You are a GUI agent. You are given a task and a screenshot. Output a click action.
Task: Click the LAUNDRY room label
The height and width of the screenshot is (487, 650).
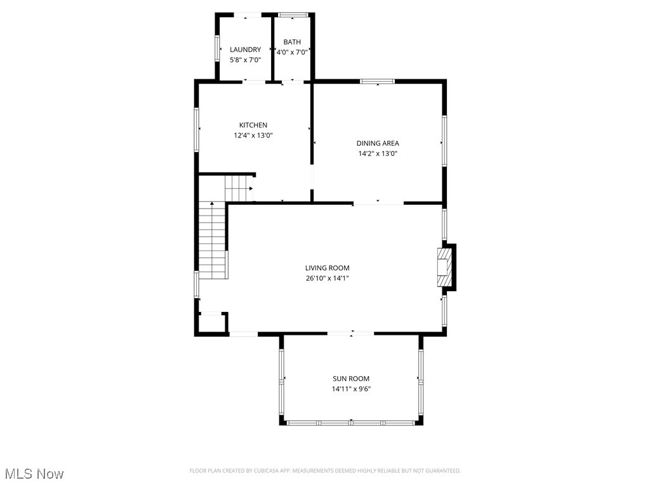(245, 49)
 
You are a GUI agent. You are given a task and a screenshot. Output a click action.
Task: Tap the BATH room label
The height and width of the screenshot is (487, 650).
(292, 42)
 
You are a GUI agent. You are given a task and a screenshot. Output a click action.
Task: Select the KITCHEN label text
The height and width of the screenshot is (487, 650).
(253, 125)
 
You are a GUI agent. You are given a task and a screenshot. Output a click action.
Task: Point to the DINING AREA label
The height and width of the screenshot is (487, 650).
(378, 143)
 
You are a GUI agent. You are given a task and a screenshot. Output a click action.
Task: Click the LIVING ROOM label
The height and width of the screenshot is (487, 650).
(327, 268)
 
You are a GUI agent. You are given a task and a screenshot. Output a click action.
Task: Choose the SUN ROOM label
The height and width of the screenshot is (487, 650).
(351, 379)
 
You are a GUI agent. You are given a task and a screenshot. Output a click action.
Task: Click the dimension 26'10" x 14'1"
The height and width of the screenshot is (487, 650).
(327, 278)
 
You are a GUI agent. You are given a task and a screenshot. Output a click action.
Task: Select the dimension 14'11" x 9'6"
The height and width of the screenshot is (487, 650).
(351, 389)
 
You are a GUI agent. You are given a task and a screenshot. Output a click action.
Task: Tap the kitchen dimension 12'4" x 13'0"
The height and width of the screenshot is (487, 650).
(253, 135)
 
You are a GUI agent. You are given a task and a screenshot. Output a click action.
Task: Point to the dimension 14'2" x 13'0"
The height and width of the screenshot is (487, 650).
(378, 153)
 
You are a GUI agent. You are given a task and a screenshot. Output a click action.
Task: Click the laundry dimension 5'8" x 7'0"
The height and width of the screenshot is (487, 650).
(245, 60)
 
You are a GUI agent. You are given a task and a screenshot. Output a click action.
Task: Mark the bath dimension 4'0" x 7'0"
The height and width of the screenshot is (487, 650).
(292, 53)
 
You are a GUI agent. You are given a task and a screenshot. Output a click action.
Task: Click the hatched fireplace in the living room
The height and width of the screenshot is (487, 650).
(444, 268)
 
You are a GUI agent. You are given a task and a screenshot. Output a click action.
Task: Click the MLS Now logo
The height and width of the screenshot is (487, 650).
(34, 474)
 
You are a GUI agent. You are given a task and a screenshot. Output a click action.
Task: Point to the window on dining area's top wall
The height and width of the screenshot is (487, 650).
(377, 81)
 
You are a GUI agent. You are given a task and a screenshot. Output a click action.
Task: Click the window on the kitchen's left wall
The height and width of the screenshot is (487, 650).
(197, 129)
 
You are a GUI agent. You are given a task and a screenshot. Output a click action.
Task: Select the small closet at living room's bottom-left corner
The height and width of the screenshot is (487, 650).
(212, 322)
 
